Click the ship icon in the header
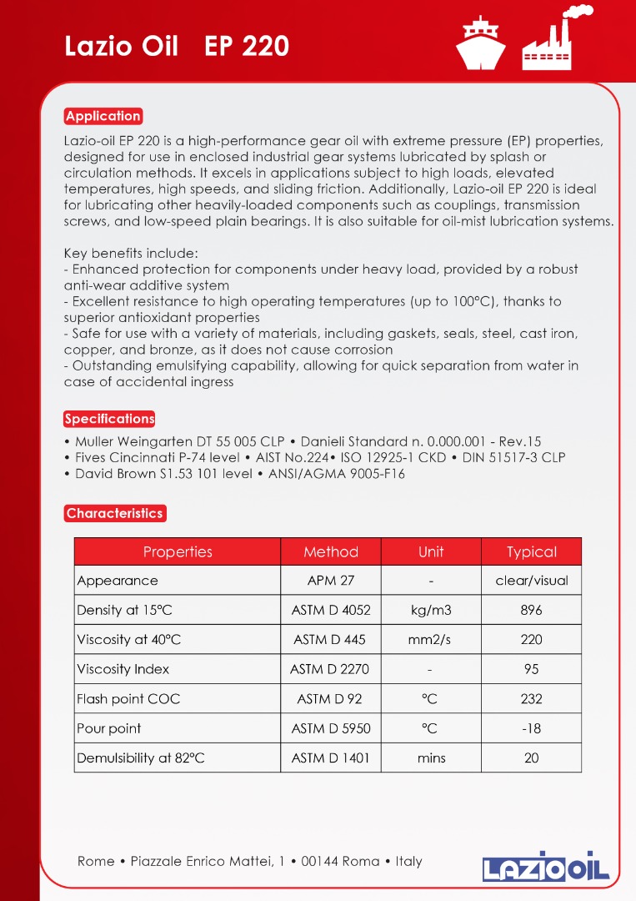click(x=481, y=42)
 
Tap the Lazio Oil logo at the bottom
click(x=546, y=867)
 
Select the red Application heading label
click(x=103, y=116)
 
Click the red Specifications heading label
click(x=109, y=419)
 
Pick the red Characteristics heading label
click(x=114, y=513)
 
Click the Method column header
click(x=331, y=552)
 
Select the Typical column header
click(x=531, y=552)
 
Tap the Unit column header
click(x=431, y=552)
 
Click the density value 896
click(x=531, y=610)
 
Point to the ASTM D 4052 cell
click(x=331, y=610)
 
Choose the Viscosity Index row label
click(x=123, y=669)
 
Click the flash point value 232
click(x=531, y=699)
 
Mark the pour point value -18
click(x=531, y=728)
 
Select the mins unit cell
click(x=431, y=758)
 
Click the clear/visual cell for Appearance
click(x=531, y=581)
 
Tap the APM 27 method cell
click(x=331, y=581)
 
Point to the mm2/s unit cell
click(x=431, y=640)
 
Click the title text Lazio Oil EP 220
click(x=177, y=47)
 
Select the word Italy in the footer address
click(x=408, y=861)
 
